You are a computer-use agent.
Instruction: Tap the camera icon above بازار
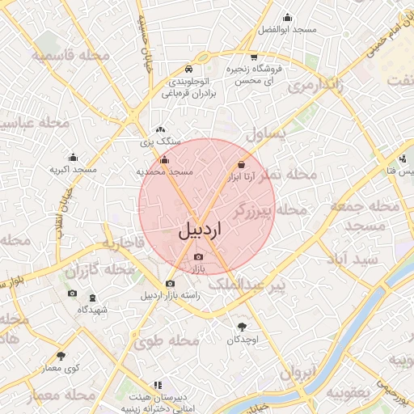(x=199, y=256)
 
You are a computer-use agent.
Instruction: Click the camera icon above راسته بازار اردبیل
(x=170, y=283)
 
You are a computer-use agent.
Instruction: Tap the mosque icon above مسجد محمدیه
(x=165, y=160)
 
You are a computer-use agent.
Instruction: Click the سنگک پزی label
(x=161, y=142)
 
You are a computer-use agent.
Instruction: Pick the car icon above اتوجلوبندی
(x=188, y=69)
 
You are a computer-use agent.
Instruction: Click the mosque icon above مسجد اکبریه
(x=74, y=158)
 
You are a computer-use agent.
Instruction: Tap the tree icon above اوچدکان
(x=243, y=327)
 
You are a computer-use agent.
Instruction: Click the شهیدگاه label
(x=92, y=310)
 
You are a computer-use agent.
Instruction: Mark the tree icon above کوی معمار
(x=61, y=356)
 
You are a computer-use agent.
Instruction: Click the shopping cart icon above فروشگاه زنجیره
(x=254, y=57)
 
